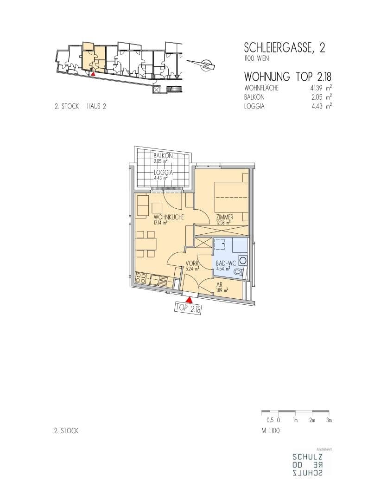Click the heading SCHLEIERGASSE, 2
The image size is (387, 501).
click(x=284, y=48)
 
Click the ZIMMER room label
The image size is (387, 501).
click(x=224, y=217)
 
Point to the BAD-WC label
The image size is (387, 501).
click(x=226, y=263)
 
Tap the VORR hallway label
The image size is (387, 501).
click(x=192, y=263)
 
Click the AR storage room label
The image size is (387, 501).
click(x=219, y=285)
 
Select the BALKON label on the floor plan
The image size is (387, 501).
click(x=163, y=155)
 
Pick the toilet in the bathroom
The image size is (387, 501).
click(x=239, y=272)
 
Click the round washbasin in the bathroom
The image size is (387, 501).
click(x=243, y=260)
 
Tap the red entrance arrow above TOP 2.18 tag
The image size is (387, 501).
click(x=190, y=300)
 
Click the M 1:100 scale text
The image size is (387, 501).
click(x=271, y=430)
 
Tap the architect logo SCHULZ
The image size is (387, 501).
click(x=307, y=456)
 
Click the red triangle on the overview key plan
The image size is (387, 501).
click(x=93, y=73)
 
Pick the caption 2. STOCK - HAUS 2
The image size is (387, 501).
click(x=80, y=106)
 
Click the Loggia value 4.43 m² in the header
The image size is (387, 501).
click(x=322, y=106)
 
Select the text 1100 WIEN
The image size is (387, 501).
click(x=256, y=58)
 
